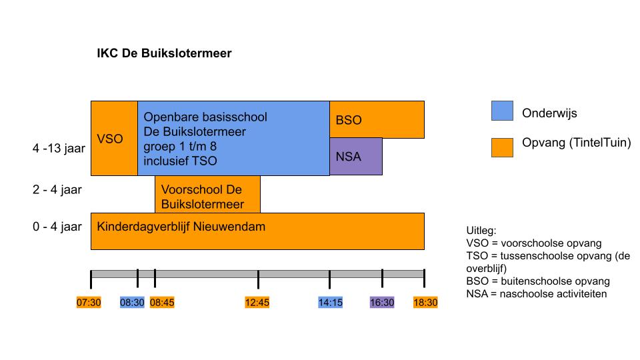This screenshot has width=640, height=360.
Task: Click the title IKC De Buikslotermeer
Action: click(x=164, y=53)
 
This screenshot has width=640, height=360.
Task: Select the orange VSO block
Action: click(x=114, y=139)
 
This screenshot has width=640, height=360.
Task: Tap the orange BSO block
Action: click(x=377, y=119)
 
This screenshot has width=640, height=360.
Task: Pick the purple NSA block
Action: click(x=356, y=157)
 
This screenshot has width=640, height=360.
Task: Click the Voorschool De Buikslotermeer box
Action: click(x=208, y=194)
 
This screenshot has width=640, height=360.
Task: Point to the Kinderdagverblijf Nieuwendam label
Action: click(x=181, y=227)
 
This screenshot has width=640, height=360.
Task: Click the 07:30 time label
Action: click(x=89, y=303)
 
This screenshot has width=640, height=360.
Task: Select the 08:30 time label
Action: click(x=132, y=303)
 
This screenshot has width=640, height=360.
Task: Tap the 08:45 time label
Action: click(x=162, y=303)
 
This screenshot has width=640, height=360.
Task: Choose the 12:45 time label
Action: click(x=257, y=303)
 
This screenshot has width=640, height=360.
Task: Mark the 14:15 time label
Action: click(x=331, y=303)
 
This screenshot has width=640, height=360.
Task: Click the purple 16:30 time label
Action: click(x=382, y=303)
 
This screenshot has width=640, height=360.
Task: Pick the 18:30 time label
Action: click(x=425, y=303)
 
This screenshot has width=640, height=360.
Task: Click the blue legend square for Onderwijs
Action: click(x=502, y=111)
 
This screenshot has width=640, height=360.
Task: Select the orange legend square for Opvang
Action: click(x=502, y=147)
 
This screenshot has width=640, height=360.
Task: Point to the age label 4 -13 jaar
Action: click(x=59, y=148)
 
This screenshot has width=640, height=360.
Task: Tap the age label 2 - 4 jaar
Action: click(x=57, y=190)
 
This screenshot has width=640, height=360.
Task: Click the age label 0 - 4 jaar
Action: click(x=57, y=227)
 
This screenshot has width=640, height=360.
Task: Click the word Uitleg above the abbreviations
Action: click(x=481, y=231)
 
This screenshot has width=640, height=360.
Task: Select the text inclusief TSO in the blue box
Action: click(x=180, y=161)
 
